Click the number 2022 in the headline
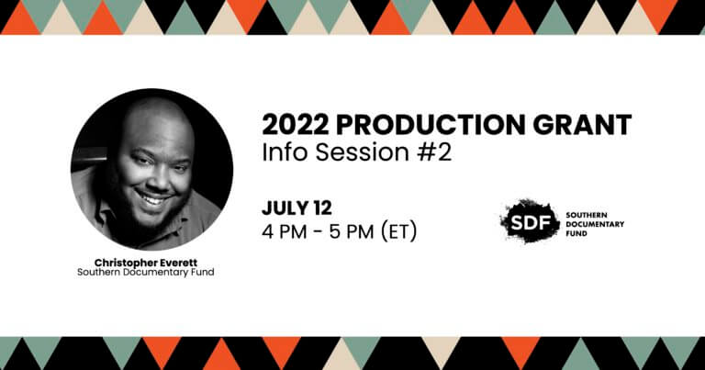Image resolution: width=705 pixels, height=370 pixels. click(x=295, y=125)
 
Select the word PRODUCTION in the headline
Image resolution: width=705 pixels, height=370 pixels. click(x=431, y=125)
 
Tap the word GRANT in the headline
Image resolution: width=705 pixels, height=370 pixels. click(x=582, y=125)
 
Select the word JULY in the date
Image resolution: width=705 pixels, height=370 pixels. click(x=284, y=207)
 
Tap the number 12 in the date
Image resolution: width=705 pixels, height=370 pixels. click(x=320, y=207)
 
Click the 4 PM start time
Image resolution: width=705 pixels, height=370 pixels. click(x=285, y=231)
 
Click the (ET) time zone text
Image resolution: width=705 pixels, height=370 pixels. click(x=398, y=232)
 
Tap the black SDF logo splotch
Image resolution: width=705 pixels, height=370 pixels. click(x=530, y=221)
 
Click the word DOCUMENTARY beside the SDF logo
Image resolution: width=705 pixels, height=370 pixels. click(x=595, y=224)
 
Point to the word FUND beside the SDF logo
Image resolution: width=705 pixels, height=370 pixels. click(x=576, y=233)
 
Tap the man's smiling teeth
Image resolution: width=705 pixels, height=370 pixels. click(x=153, y=197)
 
